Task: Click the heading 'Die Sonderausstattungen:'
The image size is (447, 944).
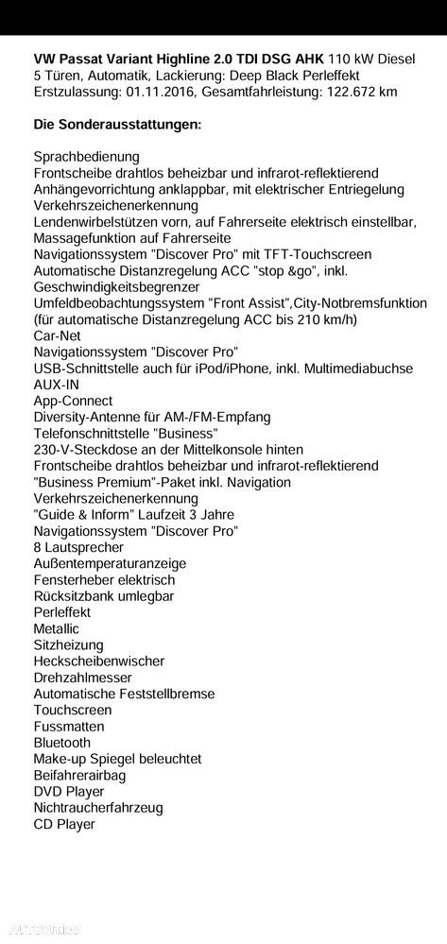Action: click(x=117, y=124)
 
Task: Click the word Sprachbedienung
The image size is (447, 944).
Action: click(x=86, y=157)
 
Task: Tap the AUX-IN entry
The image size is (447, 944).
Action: click(x=57, y=385)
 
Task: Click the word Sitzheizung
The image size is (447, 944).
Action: click(x=70, y=644)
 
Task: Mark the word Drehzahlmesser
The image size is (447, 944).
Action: click(x=82, y=678)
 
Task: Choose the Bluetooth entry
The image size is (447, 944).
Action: click(x=62, y=743)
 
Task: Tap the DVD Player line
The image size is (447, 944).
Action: click(x=69, y=792)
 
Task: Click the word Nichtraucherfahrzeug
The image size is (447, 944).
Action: click(x=98, y=808)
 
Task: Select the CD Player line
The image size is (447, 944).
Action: click(x=64, y=824)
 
